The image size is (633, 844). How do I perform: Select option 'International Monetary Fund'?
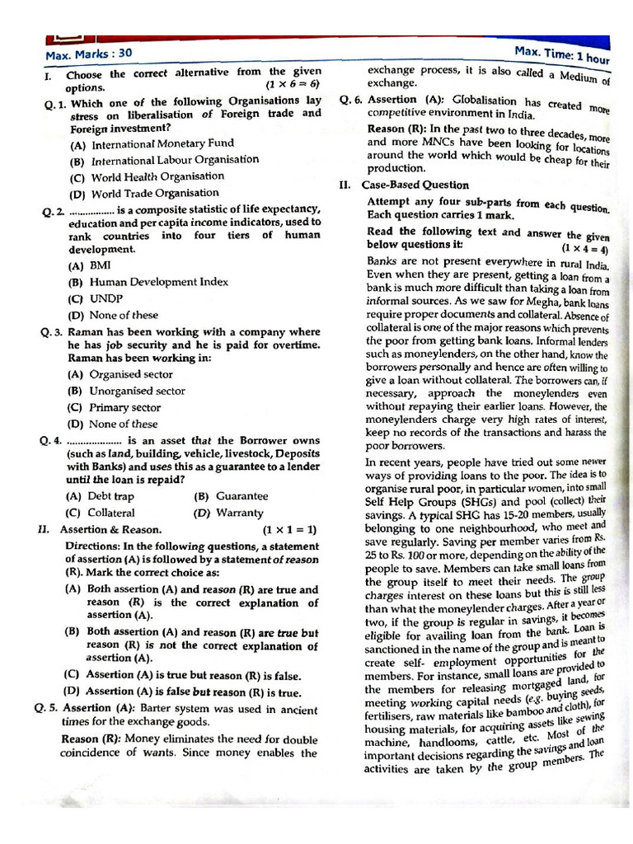click(162, 143)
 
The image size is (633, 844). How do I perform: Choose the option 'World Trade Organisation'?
click(155, 194)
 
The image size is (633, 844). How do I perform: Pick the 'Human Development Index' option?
click(158, 282)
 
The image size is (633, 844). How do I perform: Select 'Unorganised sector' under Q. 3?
click(137, 391)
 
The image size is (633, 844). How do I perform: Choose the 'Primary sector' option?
click(124, 407)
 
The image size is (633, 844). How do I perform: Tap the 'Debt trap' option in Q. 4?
click(110, 496)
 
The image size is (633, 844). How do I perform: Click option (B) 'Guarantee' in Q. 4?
click(241, 496)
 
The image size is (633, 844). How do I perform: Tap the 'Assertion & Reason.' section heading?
click(113, 529)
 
